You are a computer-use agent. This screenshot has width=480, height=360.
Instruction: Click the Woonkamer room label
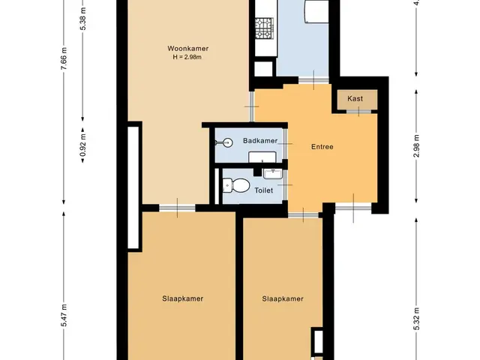point(188,48)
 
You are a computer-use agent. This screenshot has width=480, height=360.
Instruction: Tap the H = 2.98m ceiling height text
point(187,57)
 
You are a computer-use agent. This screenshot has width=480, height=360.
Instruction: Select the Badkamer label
point(260,141)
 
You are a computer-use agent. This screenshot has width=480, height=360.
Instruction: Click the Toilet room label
point(263,190)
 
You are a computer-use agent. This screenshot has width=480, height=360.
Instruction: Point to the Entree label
point(322,147)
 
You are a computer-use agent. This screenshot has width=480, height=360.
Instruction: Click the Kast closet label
point(355,98)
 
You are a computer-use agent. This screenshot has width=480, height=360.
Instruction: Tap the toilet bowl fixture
point(236,185)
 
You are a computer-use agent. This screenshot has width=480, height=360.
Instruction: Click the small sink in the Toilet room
point(273,173)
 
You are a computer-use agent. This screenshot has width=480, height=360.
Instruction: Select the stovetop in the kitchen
point(264,28)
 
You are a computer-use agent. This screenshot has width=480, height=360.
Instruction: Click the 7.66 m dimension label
point(64,58)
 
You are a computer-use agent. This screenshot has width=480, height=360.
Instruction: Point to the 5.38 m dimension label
point(82,18)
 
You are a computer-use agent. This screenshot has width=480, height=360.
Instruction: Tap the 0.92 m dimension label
point(82,145)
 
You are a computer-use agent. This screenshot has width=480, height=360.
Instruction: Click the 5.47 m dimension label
point(64,315)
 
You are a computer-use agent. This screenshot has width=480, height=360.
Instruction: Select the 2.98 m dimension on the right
point(416,146)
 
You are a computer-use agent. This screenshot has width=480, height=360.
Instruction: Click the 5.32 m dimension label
point(416,319)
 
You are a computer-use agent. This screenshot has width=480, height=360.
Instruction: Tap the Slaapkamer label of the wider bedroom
point(183,298)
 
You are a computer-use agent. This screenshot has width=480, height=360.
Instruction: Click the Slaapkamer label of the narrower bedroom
point(283,298)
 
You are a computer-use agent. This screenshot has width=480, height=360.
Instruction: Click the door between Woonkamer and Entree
point(252,106)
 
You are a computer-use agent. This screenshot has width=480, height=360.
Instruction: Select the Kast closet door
point(358,112)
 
